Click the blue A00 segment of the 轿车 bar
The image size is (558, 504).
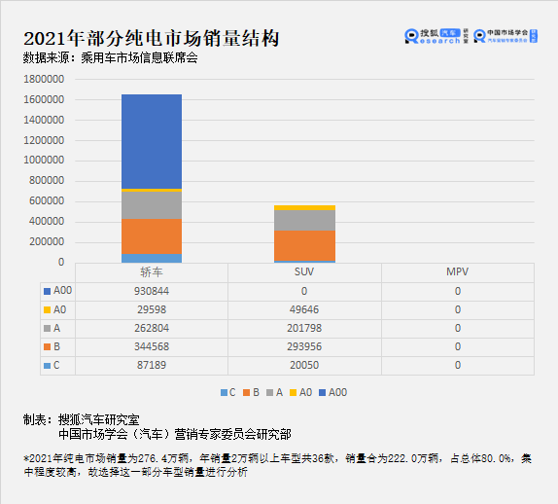[x=152, y=141]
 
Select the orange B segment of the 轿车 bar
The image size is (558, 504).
[x=152, y=236]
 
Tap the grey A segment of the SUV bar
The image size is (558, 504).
[x=304, y=220]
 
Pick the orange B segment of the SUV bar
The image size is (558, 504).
[x=304, y=245]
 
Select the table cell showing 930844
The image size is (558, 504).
[x=152, y=291]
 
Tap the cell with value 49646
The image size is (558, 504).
[x=304, y=309]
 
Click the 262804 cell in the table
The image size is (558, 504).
[x=152, y=328]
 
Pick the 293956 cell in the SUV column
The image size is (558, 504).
[x=304, y=346]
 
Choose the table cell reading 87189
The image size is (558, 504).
[x=152, y=365]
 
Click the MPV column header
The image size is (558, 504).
[x=457, y=272]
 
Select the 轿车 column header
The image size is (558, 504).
[x=152, y=272]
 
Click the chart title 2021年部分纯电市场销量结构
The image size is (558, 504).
[x=151, y=39]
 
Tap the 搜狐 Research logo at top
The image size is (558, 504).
[x=436, y=36]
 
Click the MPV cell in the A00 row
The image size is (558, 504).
[x=457, y=291]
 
